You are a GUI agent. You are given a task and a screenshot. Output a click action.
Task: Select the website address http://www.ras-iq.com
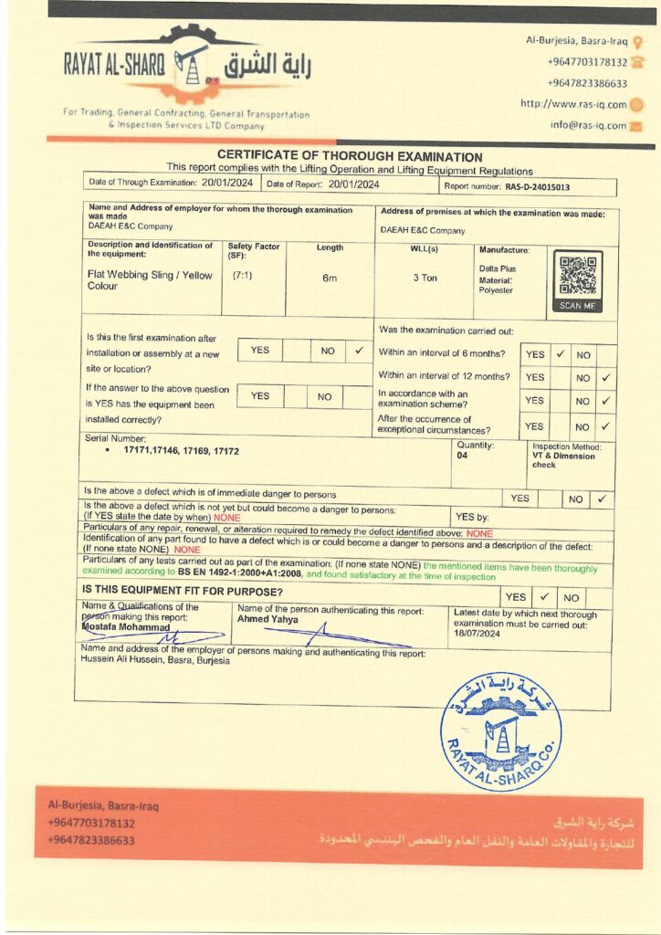pyautogui.click(x=573, y=104)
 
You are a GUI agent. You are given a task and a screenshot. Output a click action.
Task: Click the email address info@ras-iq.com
pyautogui.click(x=588, y=126)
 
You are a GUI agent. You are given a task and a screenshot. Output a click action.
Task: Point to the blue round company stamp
pyautogui.click(x=500, y=730)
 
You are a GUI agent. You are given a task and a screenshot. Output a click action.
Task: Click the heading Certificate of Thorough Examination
pyautogui.click(x=350, y=157)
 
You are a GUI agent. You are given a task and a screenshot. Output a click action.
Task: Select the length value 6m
pyautogui.click(x=330, y=278)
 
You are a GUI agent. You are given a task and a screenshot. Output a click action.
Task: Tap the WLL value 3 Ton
pyautogui.click(x=425, y=277)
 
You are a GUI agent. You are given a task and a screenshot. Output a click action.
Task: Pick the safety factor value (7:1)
pyautogui.click(x=242, y=274)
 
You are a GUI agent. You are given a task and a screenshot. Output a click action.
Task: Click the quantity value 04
pyautogui.click(x=462, y=456)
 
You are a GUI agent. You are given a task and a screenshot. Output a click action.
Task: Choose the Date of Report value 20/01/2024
pyautogui.click(x=353, y=184)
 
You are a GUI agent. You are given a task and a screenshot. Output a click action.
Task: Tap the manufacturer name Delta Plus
pyautogui.click(x=498, y=268)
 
